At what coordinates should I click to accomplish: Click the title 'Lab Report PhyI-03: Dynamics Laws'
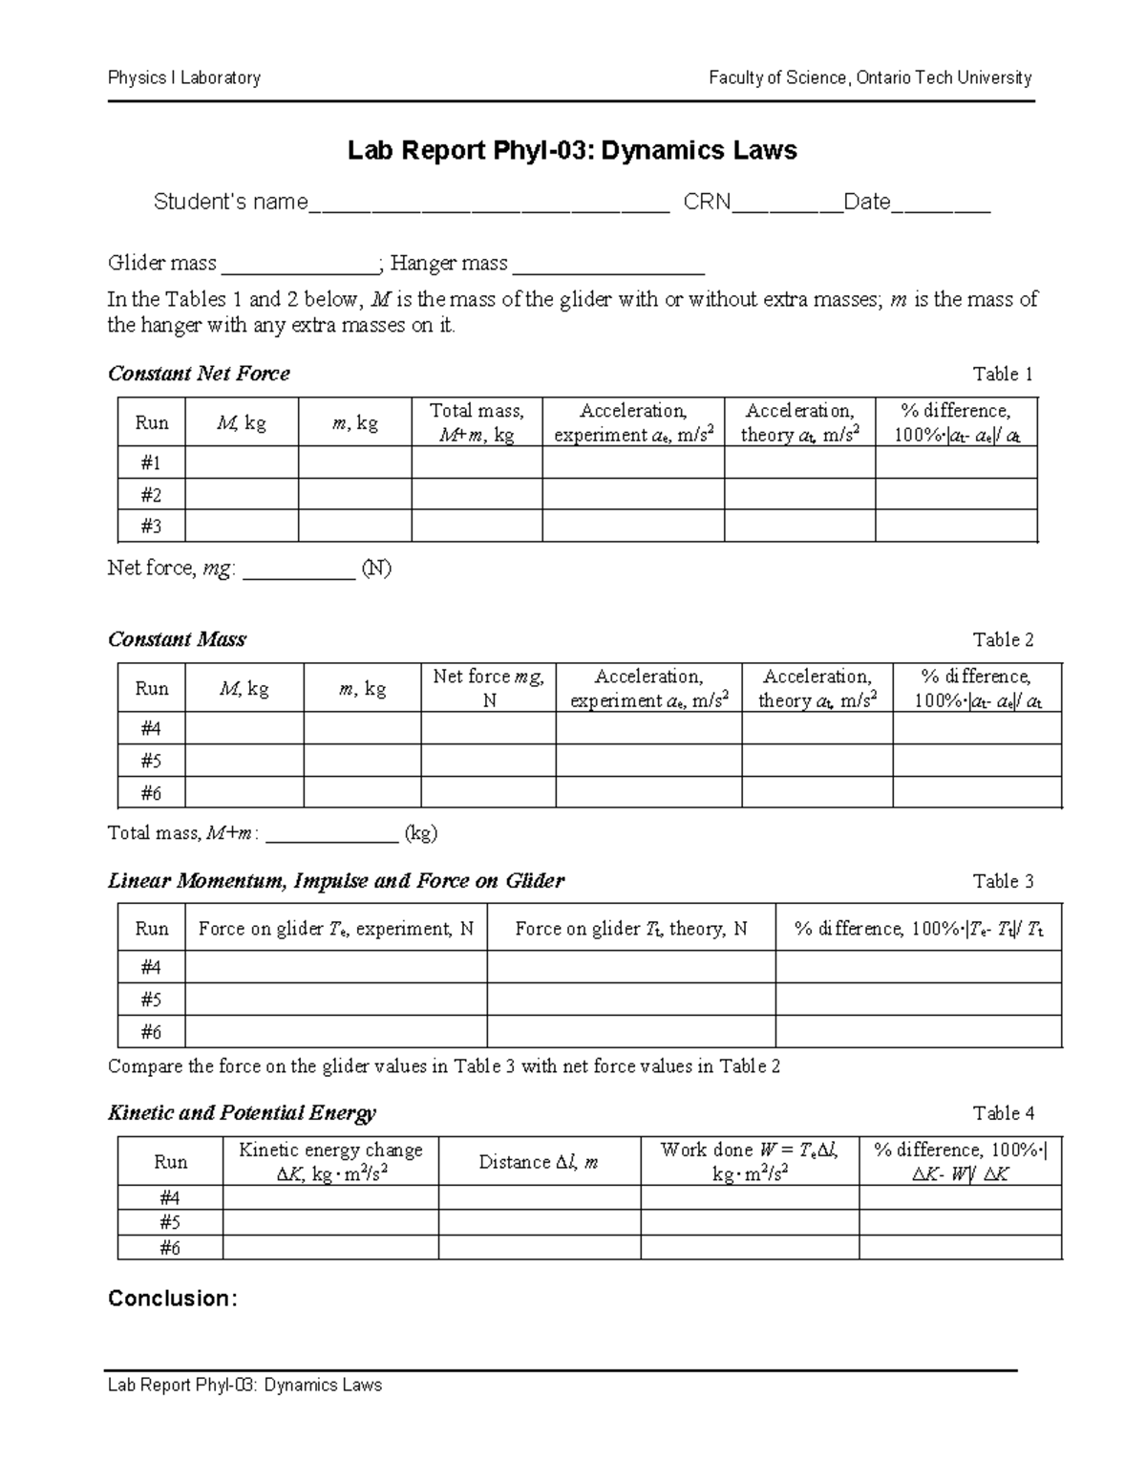pyautogui.click(x=571, y=151)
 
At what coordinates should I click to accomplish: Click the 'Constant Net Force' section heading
pyautogui.click(x=199, y=374)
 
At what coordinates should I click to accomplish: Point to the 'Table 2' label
pyautogui.click(x=1003, y=639)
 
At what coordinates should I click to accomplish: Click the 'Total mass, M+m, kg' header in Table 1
pyautogui.click(x=477, y=422)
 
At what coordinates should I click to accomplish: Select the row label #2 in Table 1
pyautogui.click(x=151, y=495)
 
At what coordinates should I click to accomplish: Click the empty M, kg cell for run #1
pyautogui.click(x=242, y=463)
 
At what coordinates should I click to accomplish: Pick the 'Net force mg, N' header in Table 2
pyautogui.click(x=488, y=688)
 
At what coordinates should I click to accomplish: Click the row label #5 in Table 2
pyautogui.click(x=151, y=761)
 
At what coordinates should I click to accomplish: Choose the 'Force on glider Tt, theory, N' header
pyautogui.click(x=630, y=929)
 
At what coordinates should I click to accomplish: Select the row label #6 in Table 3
pyautogui.click(x=151, y=1032)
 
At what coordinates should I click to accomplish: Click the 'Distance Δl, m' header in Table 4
pyautogui.click(x=539, y=1162)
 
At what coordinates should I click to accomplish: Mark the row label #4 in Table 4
pyautogui.click(x=170, y=1198)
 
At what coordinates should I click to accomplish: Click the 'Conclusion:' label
pyautogui.click(x=172, y=1299)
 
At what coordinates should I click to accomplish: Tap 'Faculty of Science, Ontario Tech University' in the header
pyautogui.click(x=869, y=78)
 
